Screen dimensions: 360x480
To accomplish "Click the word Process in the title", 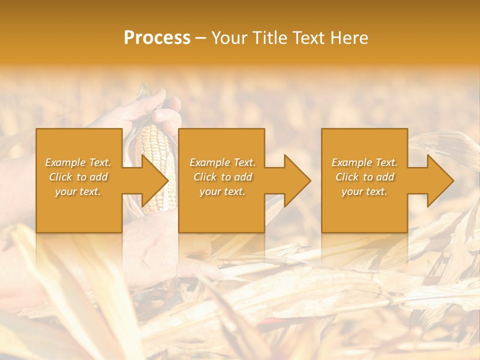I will (157, 38).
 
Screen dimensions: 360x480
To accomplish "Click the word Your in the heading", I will (230, 38).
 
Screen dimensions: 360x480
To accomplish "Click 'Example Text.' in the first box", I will (78, 162).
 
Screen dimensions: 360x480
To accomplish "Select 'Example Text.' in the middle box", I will (222, 162).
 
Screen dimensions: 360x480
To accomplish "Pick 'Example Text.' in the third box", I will (364, 162).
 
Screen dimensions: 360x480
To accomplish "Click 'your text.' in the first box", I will (78, 191).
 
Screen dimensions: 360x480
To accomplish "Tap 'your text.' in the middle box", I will (222, 191).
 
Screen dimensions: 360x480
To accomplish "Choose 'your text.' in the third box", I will (364, 191).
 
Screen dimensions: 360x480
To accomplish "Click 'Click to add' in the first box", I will (78, 177).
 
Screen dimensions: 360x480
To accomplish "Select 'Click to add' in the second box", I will (222, 177).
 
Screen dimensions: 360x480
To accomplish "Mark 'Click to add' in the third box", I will (364, 177).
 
